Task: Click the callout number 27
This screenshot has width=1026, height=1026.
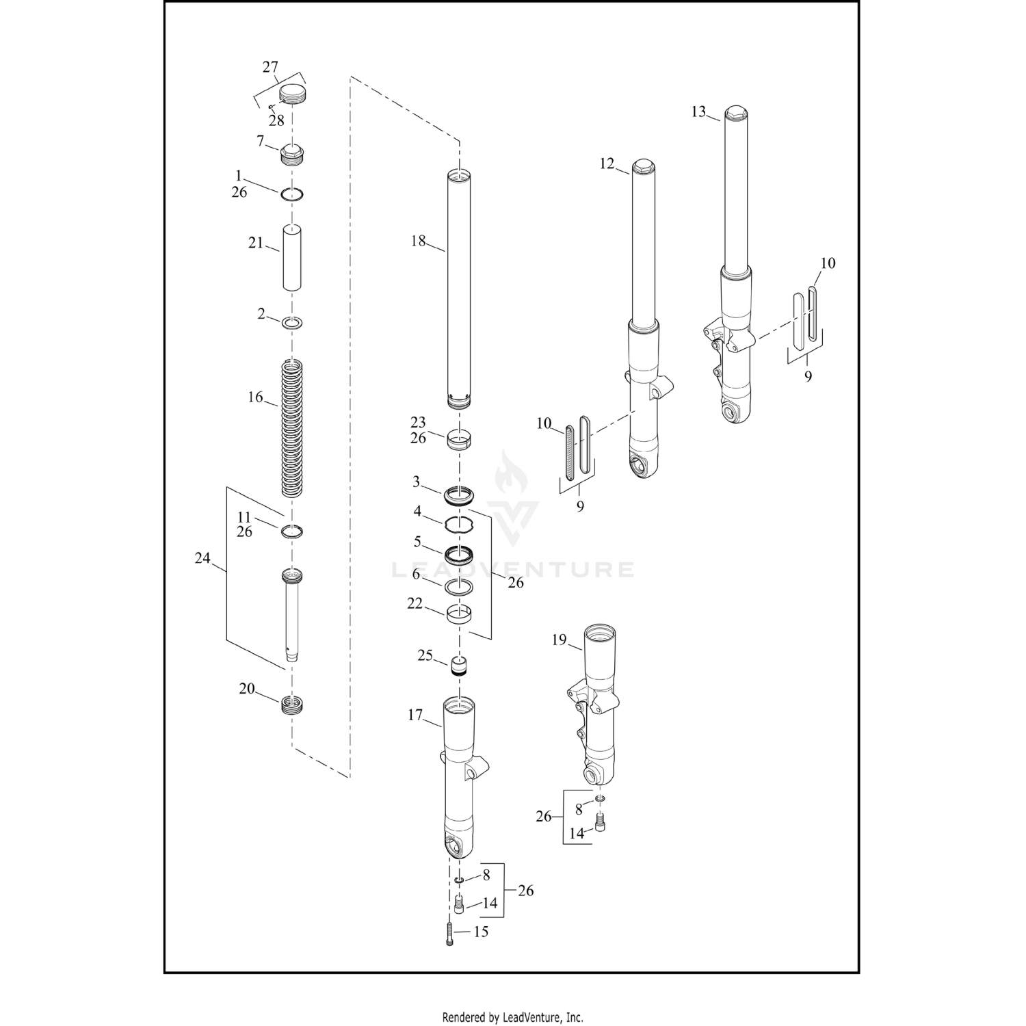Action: [270, 67]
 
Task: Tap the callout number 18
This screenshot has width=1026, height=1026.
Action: [418, 241]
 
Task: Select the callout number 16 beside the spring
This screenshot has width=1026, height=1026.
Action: [255, 397]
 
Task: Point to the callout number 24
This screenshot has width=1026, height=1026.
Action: [202, 558]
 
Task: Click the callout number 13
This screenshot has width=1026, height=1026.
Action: [698, 111]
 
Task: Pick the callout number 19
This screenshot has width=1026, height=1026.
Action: [559, 640]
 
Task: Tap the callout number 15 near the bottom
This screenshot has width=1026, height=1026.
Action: [481, 932]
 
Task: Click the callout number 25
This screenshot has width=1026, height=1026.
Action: [425, 655]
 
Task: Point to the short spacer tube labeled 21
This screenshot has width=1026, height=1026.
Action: [292, 258]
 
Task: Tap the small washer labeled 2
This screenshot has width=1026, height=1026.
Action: [293, 321]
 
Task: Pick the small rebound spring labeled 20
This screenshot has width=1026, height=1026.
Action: [292, 703]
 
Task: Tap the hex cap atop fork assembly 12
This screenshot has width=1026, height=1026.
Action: [642, 166]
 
